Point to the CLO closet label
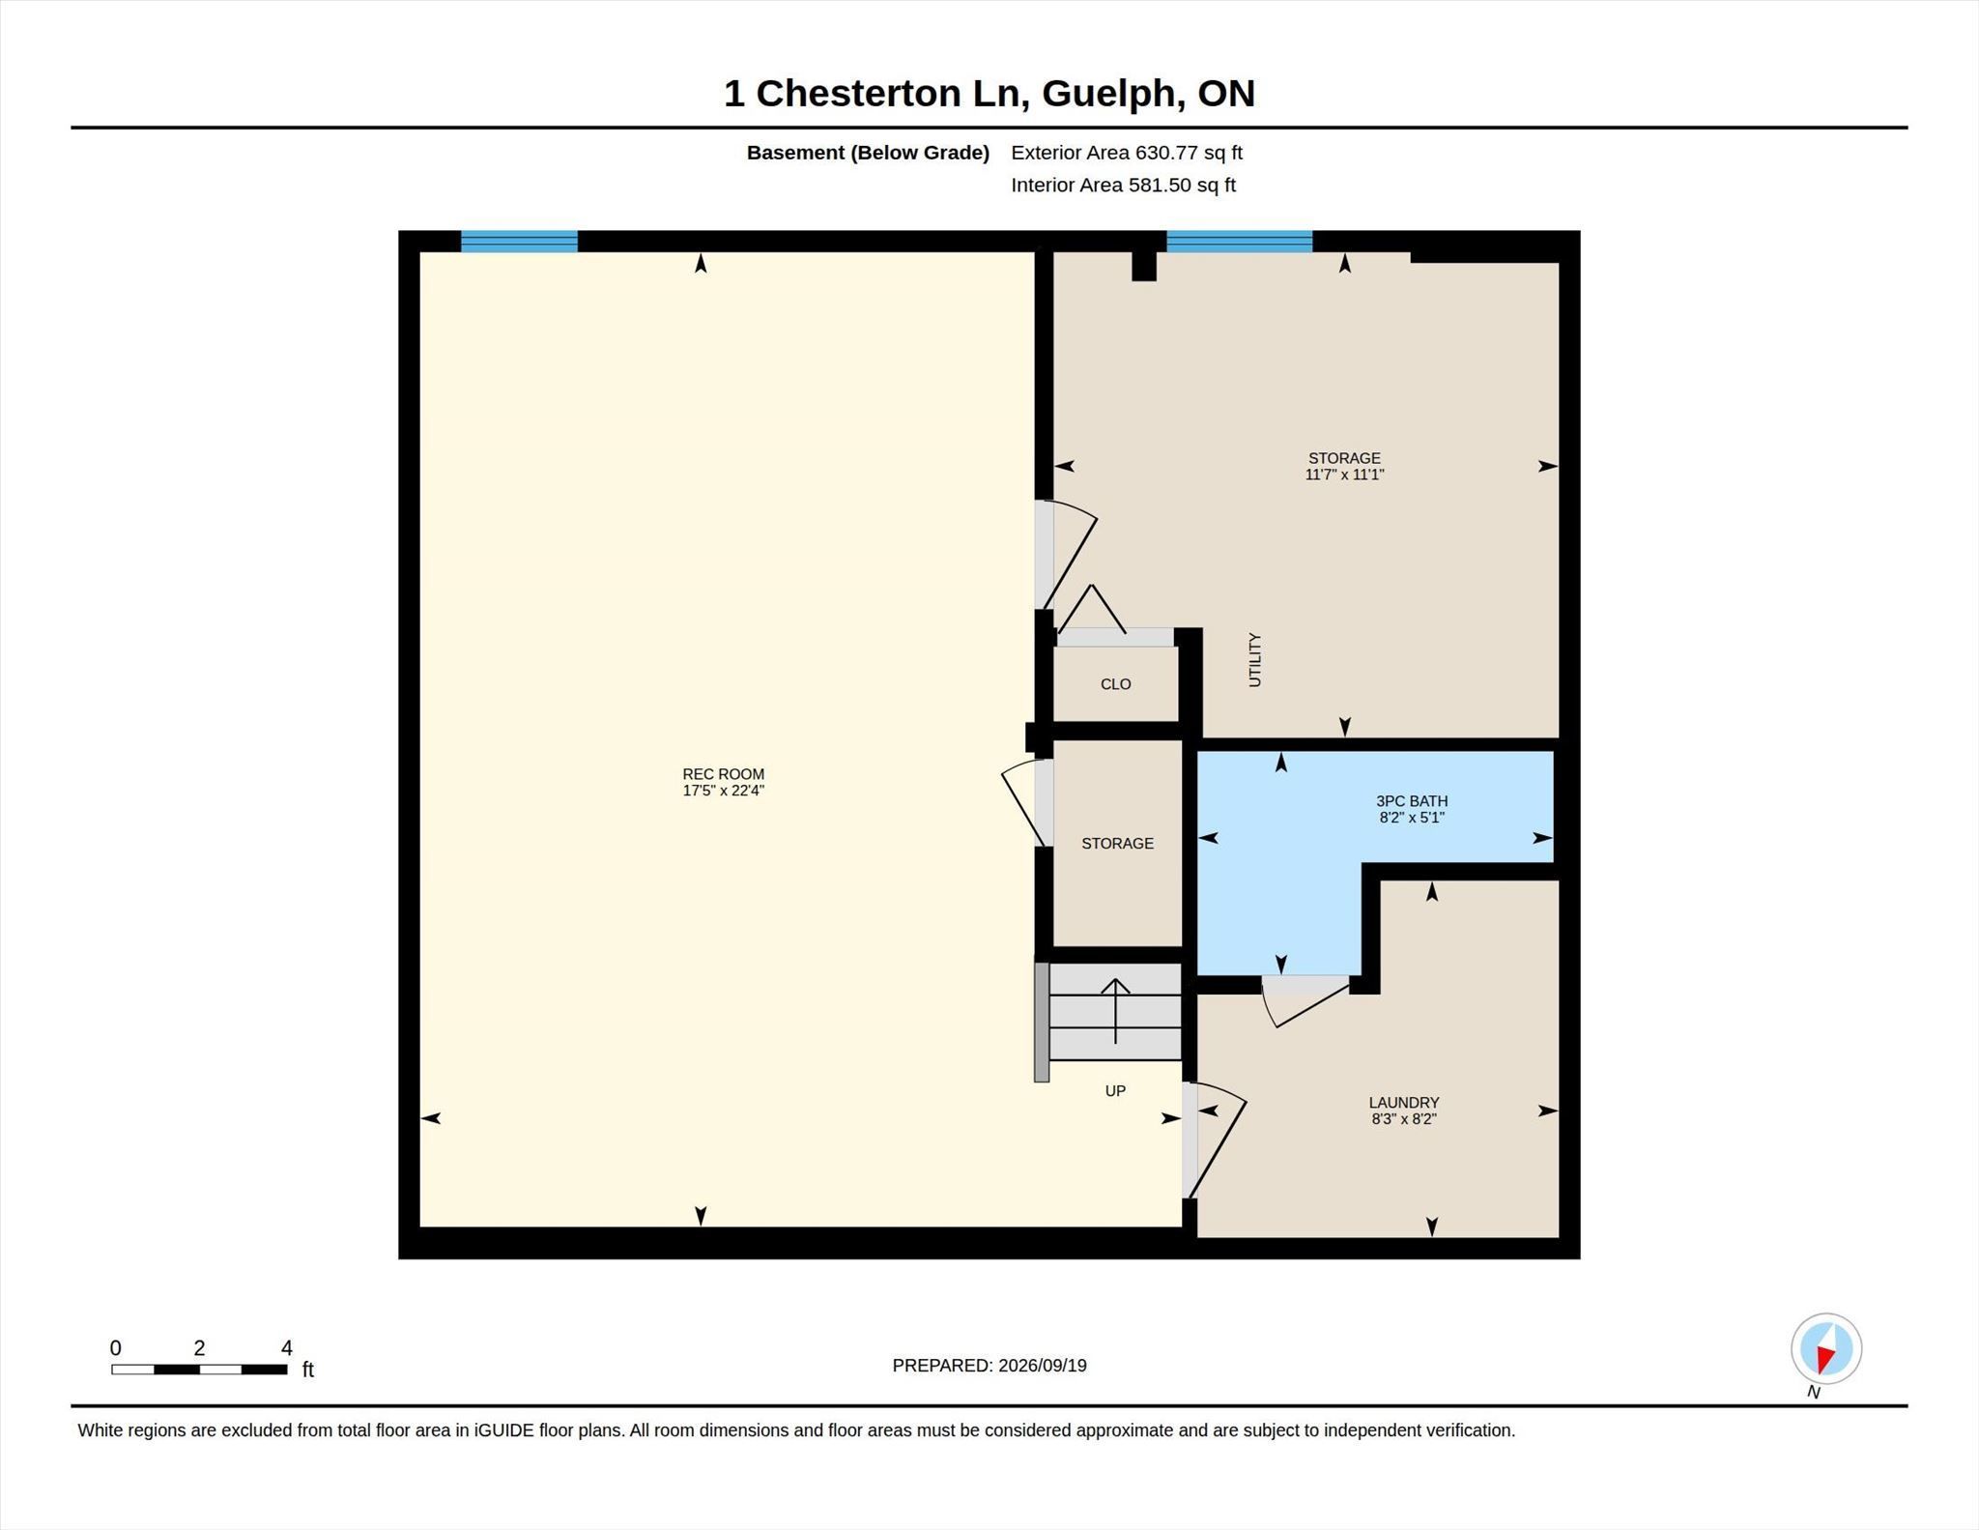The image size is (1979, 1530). tap(1115, 684)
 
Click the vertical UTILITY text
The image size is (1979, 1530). tap(1255, 660)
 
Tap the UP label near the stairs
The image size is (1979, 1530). tap(1115, 1091)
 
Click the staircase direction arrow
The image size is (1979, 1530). tap(1116, 1011)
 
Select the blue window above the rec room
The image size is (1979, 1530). tap(519, 242)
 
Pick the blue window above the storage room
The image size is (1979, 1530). tap(1239, 242)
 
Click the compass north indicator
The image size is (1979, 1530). tap(1825, 1349)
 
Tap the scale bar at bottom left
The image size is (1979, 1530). tap(199, 1369)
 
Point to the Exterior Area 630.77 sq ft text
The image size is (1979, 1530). tap(1127, 153)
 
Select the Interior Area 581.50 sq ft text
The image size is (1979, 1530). tap(1124, 186)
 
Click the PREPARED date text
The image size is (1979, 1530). tap(989, 1366)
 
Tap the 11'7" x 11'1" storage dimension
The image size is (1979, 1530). tap(1344, 475)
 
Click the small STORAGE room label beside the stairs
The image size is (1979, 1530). tap(1117, 844)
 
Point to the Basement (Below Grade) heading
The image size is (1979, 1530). tap(868, 153)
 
